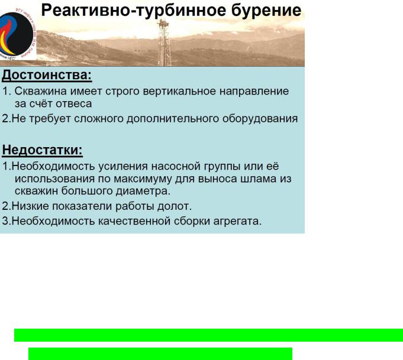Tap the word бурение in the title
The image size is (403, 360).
(x=266, y=11)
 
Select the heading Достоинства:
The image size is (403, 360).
(x=47, y=76)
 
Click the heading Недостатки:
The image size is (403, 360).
(x=42, y=150)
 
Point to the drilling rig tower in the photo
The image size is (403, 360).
(x=164, y=43)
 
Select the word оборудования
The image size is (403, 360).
(x=260, y=119)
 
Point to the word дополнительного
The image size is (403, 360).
(x=173, y=119)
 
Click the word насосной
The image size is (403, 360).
(x=176, y=166)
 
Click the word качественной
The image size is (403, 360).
(x=134, y=221)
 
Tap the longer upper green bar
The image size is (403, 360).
(x=208, y=335)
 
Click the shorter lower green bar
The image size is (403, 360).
(x=160, y=354)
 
